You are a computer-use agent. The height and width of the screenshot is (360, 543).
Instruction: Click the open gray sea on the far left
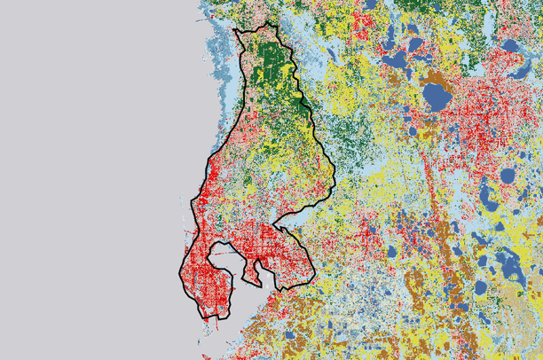click(x=89, y=177)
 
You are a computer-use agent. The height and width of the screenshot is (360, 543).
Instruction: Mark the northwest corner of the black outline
click(x=235, y=32)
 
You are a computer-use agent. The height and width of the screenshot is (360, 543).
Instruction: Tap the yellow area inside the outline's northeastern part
click(x=306, y=133)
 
